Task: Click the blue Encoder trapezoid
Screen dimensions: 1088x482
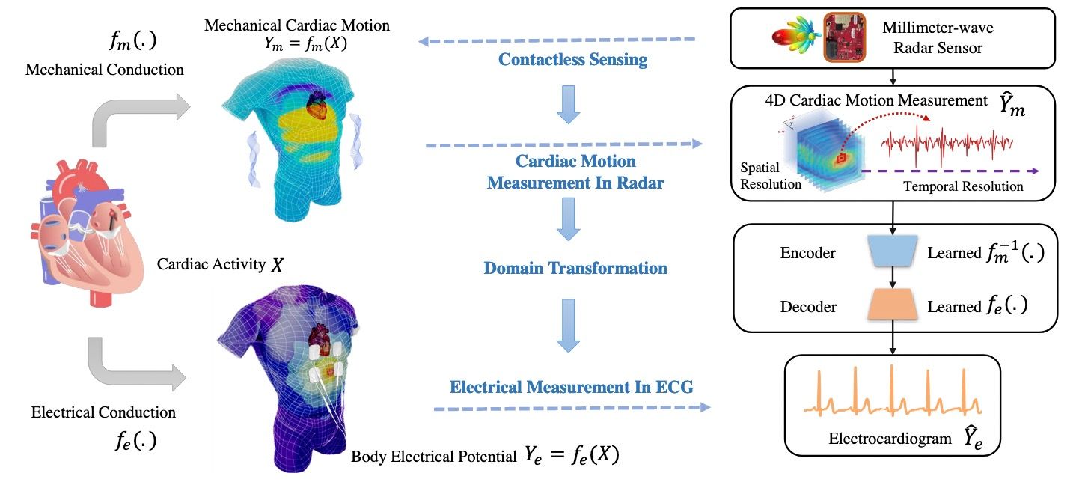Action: coord(892,251)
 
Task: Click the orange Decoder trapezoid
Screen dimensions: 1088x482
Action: coord(892,305)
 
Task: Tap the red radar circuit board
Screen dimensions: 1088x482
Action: coord(845,37)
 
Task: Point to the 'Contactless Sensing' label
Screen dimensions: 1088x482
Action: coord(572,59)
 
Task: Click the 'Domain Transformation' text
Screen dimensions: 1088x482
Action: coord(575,268)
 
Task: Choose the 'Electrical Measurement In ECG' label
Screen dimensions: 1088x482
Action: coord(572,387)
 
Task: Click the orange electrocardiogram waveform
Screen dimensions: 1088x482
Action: coord(893,391)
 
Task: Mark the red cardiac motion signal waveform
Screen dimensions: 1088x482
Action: coord(947,144)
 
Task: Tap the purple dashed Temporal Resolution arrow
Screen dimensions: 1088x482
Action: coord(950,171)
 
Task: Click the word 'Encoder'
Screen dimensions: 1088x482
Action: coord(807,253)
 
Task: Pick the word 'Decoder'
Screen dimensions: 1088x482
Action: coord(808,307)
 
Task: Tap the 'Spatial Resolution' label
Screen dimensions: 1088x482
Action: coord(770,176)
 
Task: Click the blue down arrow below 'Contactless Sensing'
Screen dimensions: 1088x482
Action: coord(568,105)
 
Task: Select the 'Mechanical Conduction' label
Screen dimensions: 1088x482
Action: coord(105,70)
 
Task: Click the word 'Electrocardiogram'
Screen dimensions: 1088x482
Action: coord(890,439)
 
